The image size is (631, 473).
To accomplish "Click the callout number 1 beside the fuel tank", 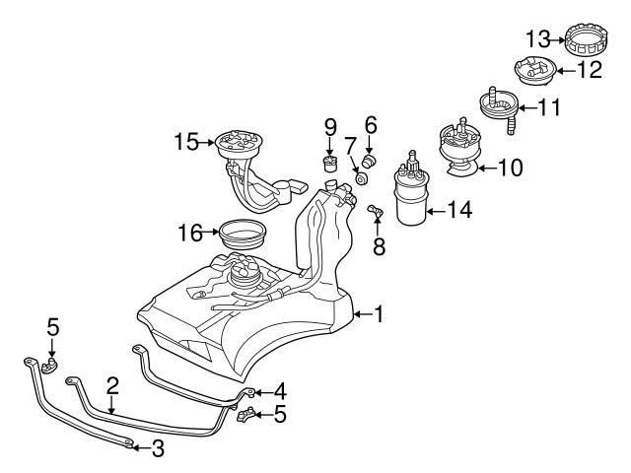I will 378,314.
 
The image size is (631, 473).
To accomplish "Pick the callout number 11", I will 548,106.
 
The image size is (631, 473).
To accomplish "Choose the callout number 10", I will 510,168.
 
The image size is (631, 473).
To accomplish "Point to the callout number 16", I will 190,234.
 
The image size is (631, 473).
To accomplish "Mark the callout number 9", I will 331,126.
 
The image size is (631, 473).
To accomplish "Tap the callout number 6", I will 371,124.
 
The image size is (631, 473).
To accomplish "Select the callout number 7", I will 350,147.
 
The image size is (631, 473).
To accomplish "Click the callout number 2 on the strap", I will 112,385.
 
